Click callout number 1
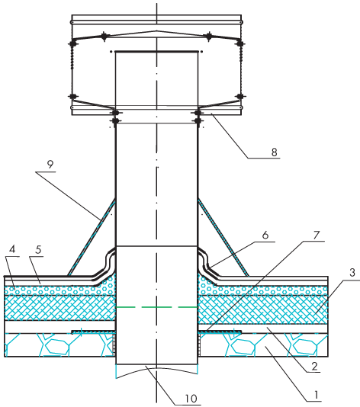pyautogui.click(x=316, y=395)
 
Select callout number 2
pyautogui.click(x=314, y=367)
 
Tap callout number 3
pyautogui.click(x=352, y=273)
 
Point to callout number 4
pyautogui.click(x=12, y=249)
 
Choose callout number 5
pyautogui.click(x=38, y=250)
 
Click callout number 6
pyautogui.click(x=265, y=235)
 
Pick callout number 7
pyautogui.click(x=316, y=236)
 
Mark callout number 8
pyautogui.click(x=275, y=152)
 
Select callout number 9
pyautogui.click(x=50, y=165)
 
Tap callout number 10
pyautogui.click(x=191, y=399)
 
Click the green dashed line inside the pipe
pyautogui.click(x=156, y=307)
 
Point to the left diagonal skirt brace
pyautogui.click(x=92, y=237)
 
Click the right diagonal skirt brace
pyautogui.click(x=223, y=237)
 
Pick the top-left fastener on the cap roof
pyautogui.click(x=104, y=37)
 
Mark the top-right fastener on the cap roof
pyautogui.click(x=208, y=37)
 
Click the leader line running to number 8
pyautogui.click(x=229, y=136)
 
